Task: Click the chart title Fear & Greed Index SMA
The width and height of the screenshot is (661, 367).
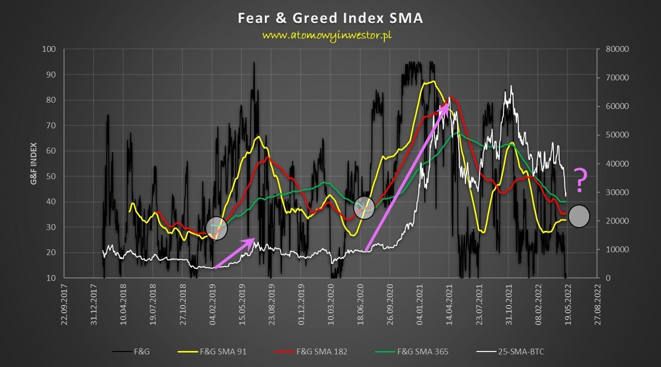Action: (330, 18)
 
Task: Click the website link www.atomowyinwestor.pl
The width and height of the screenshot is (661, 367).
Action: (327, 35)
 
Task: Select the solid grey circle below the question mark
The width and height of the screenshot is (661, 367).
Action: (579, 216)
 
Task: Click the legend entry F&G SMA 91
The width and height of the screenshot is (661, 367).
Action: (223, 352)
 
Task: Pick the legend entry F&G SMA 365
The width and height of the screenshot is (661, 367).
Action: (422, 352)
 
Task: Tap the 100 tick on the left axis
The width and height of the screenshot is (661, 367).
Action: (49, 49)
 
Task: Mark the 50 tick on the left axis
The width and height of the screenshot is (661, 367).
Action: (51, 176)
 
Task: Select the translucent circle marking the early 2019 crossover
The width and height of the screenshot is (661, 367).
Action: (217, 228)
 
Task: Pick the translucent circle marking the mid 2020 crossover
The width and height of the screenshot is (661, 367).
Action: (365, 208)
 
